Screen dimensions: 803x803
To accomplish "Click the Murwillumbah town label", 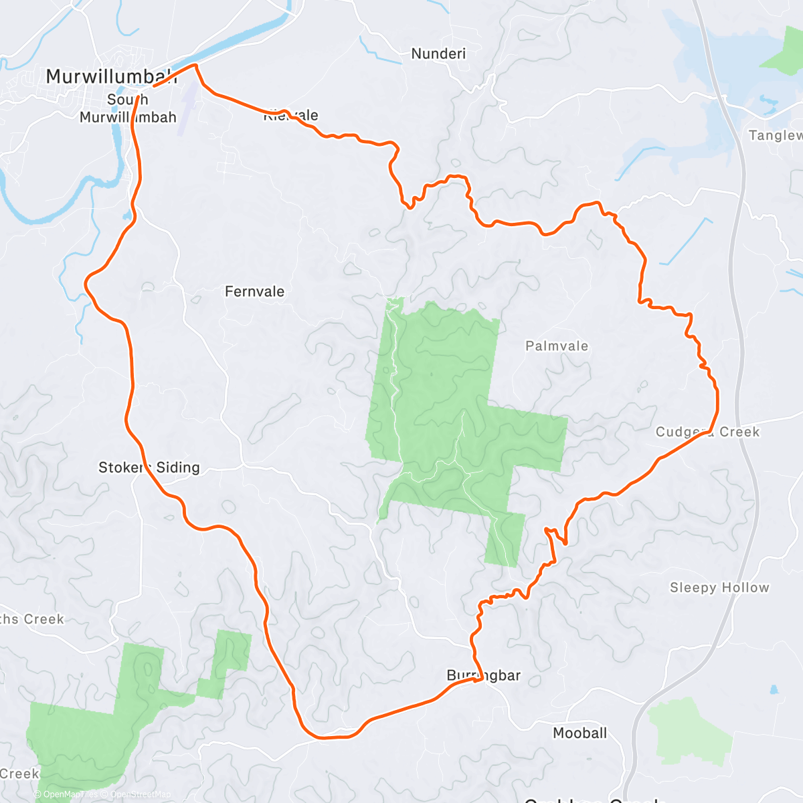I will (x=111, y=76).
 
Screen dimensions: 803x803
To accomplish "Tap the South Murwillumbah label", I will (x=128, y=108).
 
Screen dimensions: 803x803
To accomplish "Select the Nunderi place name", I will (x=438, y=54).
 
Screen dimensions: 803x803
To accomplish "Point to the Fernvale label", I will (x=254, y=292).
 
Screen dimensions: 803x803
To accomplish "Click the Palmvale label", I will (x=557, y=346).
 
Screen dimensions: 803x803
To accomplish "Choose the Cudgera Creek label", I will (x=707, y=432).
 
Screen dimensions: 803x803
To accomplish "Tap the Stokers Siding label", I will (x=149, y=468).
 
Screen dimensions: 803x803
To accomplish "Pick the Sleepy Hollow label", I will (x=719, y=588).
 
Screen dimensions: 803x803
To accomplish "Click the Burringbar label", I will (x=483, y=676).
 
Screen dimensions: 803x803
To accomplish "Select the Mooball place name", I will (x=579, y=733).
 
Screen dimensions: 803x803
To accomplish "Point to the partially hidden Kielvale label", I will (x=290, y=115).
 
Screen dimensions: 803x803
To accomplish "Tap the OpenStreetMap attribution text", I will (x=140, y=794).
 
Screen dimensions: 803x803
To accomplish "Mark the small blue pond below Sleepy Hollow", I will (x=774, y=689).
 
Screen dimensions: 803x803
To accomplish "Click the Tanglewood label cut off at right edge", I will (x=776, y=136).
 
